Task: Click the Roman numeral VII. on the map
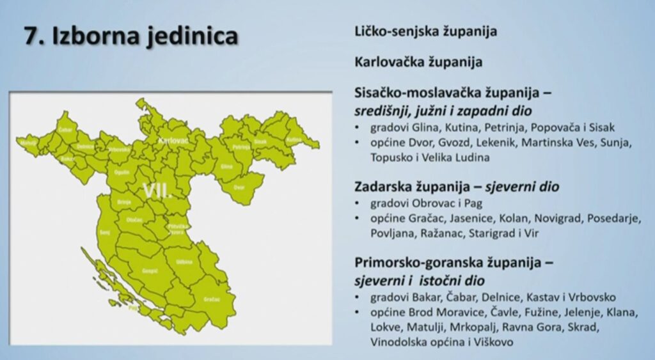(x=157, y=191)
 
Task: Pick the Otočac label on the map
(x=134, y=219)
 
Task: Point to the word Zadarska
(x=381, y=187)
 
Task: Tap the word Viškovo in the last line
(x=493, y=343)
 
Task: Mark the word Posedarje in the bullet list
(x=614, y=219)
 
